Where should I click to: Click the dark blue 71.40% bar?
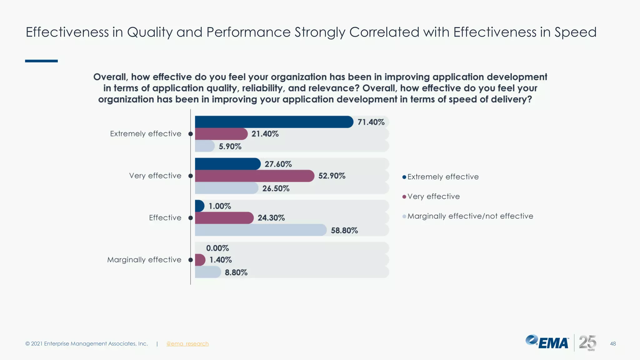point(274,122)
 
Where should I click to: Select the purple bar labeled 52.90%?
point(254,176)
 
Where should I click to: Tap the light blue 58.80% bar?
point(261,230)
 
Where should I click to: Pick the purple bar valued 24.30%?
point(224,218)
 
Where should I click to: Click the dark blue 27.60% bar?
point(227,164)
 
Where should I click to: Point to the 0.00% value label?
point(217,248)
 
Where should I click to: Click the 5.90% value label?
point(230,147)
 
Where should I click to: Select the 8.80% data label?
point(236,272)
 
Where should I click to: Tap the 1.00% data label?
point(220,206)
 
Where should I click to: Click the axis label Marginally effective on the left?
point(144,260)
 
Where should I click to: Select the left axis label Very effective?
point(155,176)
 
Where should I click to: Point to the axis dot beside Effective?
point(191,218)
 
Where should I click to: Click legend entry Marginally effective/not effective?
point(470,216)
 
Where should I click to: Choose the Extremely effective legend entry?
point(443,177)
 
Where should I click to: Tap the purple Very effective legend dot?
point(404,197)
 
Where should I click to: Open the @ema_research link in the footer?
point(187,344)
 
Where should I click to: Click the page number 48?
point(613,344)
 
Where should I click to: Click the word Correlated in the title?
point(384,32)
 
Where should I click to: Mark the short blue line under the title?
point(41,61)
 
